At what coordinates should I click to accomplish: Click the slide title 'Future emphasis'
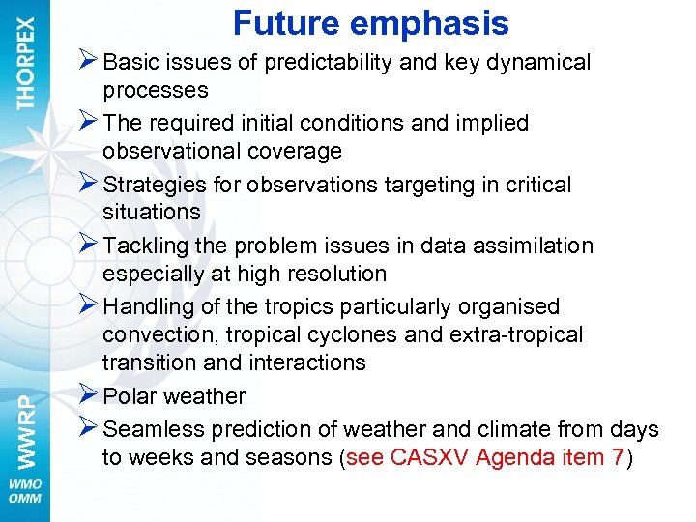370,23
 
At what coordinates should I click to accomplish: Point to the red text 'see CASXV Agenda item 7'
484,458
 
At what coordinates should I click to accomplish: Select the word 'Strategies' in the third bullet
151,185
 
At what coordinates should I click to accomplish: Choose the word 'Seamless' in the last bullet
150,429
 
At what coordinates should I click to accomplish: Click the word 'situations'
151,212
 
